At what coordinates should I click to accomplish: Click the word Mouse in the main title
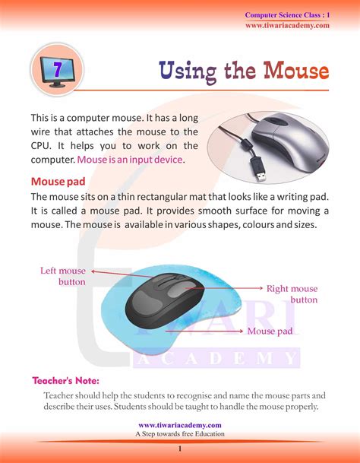[296, 71]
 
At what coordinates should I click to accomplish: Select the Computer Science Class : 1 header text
[287, 15]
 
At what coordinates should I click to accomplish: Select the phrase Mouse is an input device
[130, 160]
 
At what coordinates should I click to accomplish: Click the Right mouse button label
[292, 294]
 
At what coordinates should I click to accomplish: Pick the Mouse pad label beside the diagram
[270, 331]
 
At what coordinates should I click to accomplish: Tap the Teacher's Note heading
[66, 380]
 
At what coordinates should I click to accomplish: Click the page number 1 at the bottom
[180, 450]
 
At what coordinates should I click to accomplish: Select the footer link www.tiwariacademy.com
[180, 425]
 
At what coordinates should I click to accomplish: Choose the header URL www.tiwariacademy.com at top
[287, 25]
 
